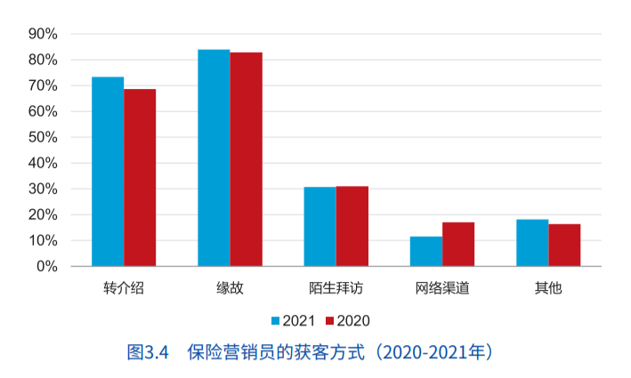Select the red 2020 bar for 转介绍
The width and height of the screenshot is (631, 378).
(140, 178)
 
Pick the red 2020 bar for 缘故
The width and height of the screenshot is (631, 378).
(246, 159)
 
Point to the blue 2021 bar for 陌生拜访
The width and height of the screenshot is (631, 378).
(320, 227)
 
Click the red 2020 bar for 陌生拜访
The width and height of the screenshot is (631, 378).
(352, 226)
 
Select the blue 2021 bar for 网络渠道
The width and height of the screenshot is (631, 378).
(426, 252)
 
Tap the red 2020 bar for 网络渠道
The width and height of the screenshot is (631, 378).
(458, 245)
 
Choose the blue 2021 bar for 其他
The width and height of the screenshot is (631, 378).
(532, 243)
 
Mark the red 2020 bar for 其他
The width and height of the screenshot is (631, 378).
(564, 245)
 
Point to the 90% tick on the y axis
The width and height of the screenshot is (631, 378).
(44, 34)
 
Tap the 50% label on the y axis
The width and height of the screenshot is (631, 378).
(44, 138)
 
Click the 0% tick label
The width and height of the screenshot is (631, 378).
(47, 267)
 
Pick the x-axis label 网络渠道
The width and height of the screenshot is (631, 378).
(442, 289)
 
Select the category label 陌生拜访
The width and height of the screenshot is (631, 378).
(336, 289)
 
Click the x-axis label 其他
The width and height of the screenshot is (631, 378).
(548, 289)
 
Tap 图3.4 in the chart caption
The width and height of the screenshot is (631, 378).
(148, 351)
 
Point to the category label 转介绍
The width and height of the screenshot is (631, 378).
(124, 289)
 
